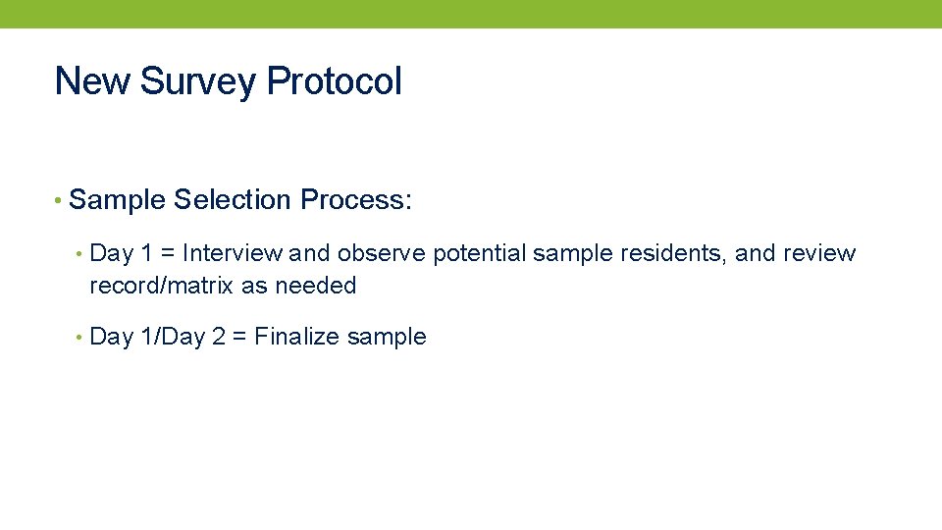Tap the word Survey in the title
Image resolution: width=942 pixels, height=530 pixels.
(197, 80)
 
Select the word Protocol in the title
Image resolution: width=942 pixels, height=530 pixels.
(334, 80)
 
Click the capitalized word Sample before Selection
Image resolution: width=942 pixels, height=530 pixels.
(118, 200)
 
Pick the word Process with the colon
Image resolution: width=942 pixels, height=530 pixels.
(356, 200)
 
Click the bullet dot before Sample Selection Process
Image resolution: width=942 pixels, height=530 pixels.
(60, 201)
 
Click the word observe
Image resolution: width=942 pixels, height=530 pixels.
(381, 253)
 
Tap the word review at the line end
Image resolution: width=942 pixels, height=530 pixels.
(819, 253)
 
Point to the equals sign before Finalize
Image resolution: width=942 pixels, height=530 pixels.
(238, 338)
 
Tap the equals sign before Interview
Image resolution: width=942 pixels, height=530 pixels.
(167, 254)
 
